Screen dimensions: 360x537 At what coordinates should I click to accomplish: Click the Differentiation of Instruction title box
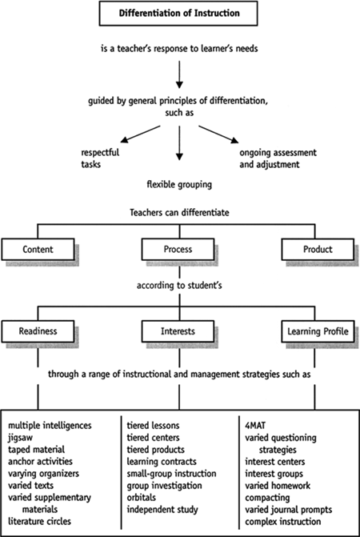pos(178,14)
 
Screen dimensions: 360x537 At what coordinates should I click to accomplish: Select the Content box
pos(38,250)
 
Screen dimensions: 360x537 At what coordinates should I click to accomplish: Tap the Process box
pos(178,250)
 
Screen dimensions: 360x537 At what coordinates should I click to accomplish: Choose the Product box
pos(318,250)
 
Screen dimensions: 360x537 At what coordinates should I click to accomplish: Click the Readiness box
pos(38,331)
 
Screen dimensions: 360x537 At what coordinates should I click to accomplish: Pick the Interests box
pos(178,331)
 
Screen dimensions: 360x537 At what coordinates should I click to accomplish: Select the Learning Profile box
pos(318,331)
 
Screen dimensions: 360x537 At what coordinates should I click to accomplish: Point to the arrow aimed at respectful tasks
pos(140,134)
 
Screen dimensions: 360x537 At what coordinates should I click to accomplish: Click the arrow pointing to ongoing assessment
pos(218,134)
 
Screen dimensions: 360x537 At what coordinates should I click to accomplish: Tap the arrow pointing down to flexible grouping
pos(179,142)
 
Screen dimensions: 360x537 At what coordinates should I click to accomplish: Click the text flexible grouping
pos(179,185)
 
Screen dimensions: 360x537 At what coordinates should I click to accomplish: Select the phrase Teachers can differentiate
pos(179,212)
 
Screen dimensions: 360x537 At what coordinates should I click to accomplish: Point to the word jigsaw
pos(20,438)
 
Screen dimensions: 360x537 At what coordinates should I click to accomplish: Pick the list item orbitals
pos(142,497)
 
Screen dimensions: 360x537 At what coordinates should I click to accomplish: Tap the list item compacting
pos(267,498)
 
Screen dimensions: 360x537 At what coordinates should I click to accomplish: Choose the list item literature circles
pos(40,521)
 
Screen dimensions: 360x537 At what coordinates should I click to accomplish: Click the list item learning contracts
pos(162,461)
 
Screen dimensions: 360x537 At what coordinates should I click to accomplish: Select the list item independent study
pos(162,509)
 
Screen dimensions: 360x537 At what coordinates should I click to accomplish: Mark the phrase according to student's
pos(179,285)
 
